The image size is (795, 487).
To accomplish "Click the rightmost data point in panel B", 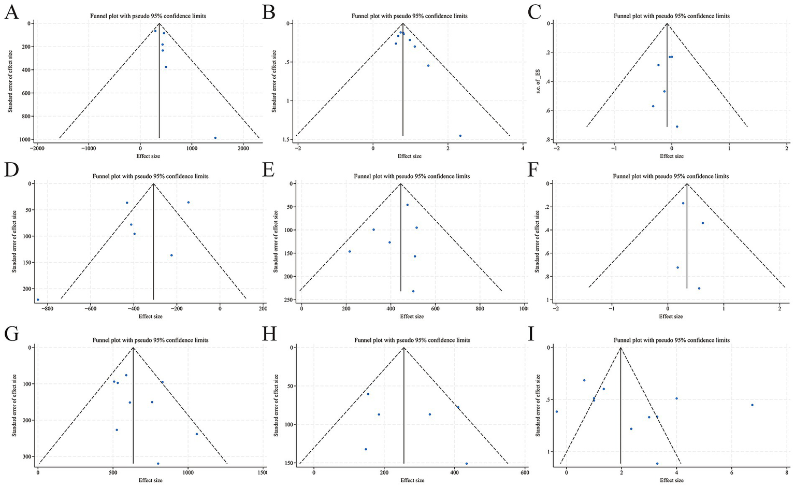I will (460, 136).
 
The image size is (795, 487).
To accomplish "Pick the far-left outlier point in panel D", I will (38, 299).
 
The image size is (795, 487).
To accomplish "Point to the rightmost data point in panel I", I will (752, 405).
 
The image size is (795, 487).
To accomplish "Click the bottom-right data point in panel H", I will (466, 464).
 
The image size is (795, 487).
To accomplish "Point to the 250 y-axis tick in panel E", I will (285, 300).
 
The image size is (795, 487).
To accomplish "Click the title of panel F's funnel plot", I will (671, 176).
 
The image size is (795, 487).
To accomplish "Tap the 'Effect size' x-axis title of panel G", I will (150, 480).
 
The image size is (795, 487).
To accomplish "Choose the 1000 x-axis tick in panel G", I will (188, 473).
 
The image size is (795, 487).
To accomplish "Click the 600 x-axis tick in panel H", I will (525, 473).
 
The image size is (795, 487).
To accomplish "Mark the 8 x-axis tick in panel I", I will (786, 473).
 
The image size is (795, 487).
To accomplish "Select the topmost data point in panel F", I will (683, 203).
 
